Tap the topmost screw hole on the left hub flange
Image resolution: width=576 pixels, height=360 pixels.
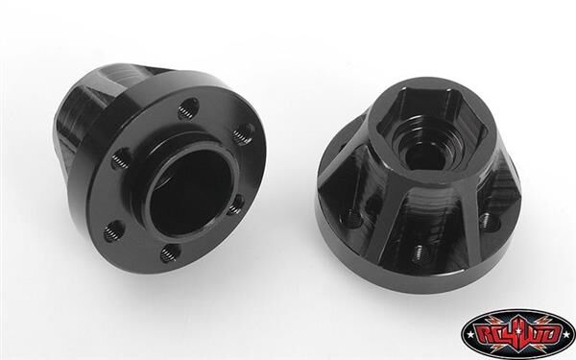189,106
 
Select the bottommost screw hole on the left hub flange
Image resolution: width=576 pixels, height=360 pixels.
170,254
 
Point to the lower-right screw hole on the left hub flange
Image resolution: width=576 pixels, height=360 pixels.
233,205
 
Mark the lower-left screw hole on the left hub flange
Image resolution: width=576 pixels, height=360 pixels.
113,230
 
